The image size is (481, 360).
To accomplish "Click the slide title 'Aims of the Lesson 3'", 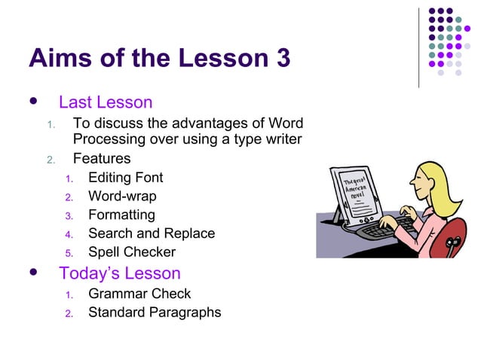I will coord(159,58).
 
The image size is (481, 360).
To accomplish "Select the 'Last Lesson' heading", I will coord(106,102).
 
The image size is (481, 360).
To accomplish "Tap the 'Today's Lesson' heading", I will coord(119,273).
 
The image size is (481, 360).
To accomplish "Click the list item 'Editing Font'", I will coord(125,178).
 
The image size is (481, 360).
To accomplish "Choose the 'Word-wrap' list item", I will coord(122,197).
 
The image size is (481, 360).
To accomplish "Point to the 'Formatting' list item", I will coord(121,215).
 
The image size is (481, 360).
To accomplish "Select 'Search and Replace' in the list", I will coord(151,233).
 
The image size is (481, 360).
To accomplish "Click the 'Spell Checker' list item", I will coord(131,252).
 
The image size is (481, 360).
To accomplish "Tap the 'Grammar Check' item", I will coord(139,294).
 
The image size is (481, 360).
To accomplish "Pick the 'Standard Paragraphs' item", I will coord(155,312).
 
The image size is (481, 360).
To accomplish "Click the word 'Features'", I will coord(101,159).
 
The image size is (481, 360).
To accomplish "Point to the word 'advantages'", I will coord(209,124).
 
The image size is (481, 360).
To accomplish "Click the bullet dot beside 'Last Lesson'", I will coord(33,102).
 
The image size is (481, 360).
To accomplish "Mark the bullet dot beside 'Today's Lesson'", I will coord(33,272).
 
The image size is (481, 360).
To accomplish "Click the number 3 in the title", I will coord(282,58).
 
